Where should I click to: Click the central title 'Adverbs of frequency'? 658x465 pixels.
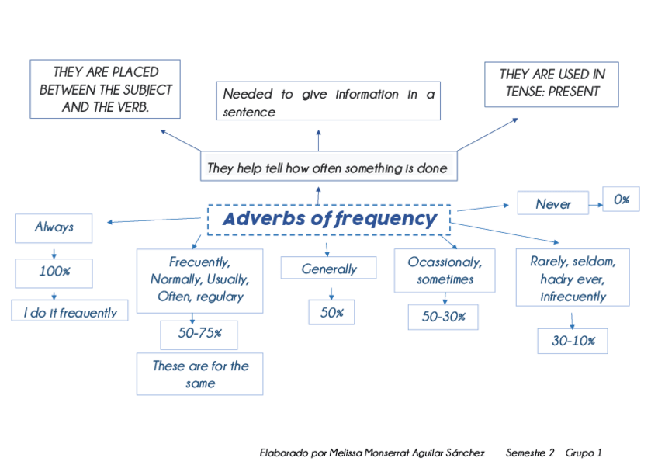[329, 219]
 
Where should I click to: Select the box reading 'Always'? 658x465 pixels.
[54, 227]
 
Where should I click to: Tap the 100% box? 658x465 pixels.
[54, 272]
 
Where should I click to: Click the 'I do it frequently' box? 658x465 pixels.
[70, 312]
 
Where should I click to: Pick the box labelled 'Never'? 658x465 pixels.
[552, 204]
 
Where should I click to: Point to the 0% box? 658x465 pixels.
[621, 200]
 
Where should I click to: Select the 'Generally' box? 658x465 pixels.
[328, 269]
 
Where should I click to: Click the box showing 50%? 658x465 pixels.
[331, 312]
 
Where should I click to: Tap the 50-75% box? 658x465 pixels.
[199, 334]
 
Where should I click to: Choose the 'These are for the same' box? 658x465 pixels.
[199, 374]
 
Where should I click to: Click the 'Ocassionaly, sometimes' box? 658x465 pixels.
[444, 270]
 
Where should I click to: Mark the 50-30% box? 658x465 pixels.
[443, 317]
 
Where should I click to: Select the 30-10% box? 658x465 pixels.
[573, 341]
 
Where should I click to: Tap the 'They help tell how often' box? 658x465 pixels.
[327, 168]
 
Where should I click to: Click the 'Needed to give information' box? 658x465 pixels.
[328, 102]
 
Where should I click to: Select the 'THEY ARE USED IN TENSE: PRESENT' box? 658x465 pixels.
[551, 84]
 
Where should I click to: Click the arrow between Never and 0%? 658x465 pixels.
[594, 205]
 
